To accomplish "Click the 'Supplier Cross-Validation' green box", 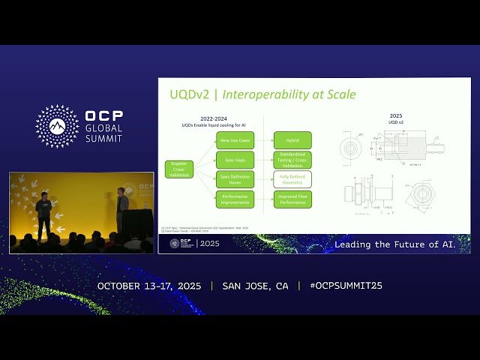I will point(179,169).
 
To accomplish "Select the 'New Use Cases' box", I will point(235,140).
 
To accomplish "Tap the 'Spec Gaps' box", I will point(235,160).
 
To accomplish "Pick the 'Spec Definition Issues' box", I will point(235,179).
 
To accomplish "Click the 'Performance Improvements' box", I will point(235,199).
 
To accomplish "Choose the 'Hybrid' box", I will point(292,140).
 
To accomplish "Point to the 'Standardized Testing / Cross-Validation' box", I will point(292,160).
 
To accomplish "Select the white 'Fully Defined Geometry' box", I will point(292,179).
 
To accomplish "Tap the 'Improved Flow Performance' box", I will point(292,199).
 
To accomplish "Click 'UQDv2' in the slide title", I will point(188,95).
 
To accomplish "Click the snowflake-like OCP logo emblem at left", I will point(58,126).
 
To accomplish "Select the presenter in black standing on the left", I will point(43,215).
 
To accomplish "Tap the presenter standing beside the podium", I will point(121,208).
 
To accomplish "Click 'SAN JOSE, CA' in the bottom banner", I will point(255,286).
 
